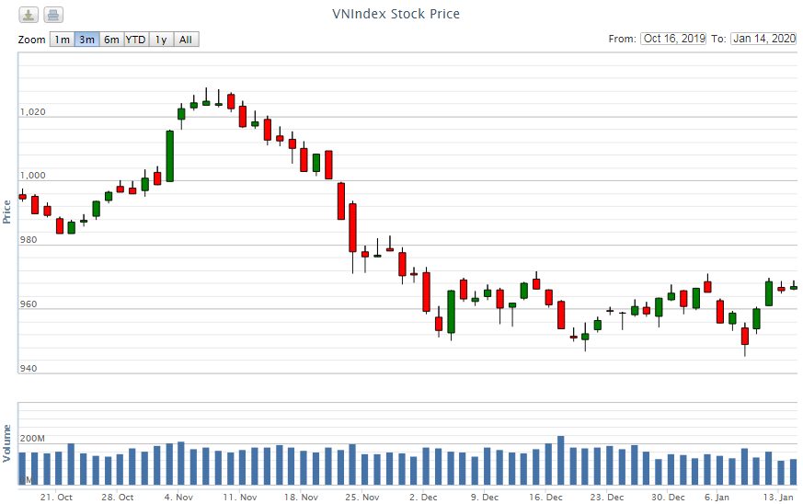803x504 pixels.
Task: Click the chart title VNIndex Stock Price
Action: (x=396, y=14)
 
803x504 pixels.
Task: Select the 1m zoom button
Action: (x=62, y=40)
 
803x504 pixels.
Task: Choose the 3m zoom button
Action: (x=86, y=40)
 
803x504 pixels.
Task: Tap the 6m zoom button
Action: (x=111, y=40)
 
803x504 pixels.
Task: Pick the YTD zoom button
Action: (x=135, y=40)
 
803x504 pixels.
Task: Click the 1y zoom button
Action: (x=161, y=40)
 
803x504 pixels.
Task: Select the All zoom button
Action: (x=186, y=40)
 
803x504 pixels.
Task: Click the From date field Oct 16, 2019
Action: (x=674, y=39)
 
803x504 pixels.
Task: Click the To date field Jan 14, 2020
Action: (x=763, y=39)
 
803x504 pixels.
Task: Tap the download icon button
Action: (x=29, y=15)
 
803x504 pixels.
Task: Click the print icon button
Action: (x=53, y=15)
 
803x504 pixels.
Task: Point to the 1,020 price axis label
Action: (x=32, y=112)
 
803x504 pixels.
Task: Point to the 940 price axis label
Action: (x=28, y=369)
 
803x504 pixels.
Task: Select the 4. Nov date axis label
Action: (x=179, y=497)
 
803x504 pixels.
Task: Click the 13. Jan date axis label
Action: (x=780, y=497)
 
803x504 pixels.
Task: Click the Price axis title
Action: (x=8, y=212)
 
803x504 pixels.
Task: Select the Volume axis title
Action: (x=8, y=443)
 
